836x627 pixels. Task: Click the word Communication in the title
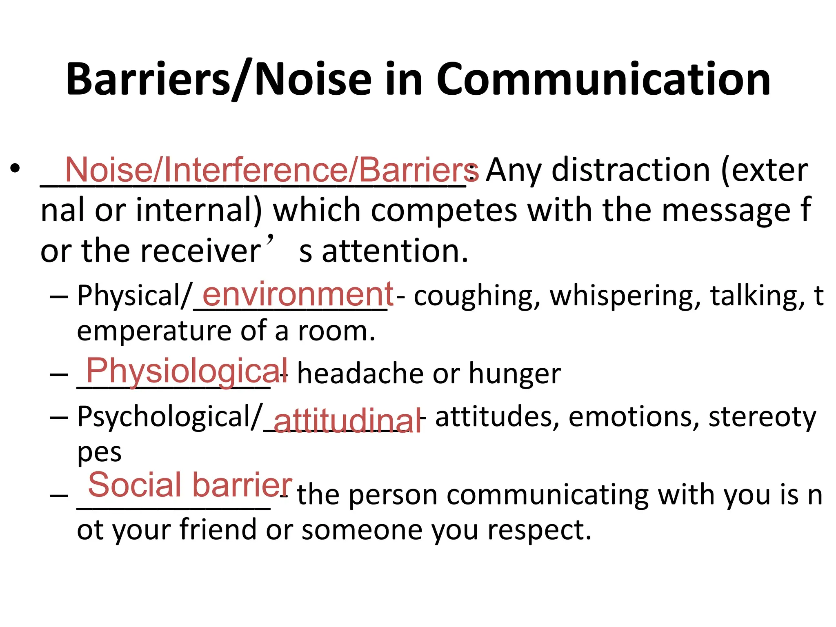point(603,80)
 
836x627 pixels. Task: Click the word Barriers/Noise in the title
point(219,80)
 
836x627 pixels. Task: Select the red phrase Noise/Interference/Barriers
point(269,170)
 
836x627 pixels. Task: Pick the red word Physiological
point(187,371)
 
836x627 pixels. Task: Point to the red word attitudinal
point(347,420)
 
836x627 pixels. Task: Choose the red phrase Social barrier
point(190,485)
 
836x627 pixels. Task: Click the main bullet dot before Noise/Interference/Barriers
point(15,169)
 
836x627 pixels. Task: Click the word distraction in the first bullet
point(631,170)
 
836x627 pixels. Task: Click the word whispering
point(625,296)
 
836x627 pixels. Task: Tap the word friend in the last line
point(218,529)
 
